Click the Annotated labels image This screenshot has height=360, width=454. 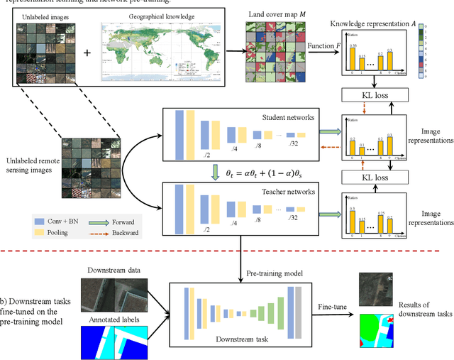(x=114, y=340)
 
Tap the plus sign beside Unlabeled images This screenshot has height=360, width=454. (x=87, y=53)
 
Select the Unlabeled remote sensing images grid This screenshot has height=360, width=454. (x=88, y=165)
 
